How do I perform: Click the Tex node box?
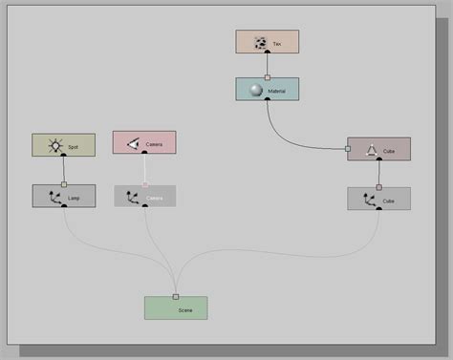click(x=268, y=41)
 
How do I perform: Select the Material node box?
click(x=268, y=89)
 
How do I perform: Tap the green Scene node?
click(x=176, y=307)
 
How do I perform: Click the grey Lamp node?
click(x=64, y=197)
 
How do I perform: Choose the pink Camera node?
click(x=144, y=142)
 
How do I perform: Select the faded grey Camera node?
click(x=145, y=196)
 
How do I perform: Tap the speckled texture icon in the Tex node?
click(x=260, y=42)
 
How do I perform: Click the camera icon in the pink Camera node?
click(x=136, y=143)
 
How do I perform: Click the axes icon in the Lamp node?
click(x=54, y=198)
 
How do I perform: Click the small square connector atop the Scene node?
click(x=176, y=296)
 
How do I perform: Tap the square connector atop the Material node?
click(x=268, y=77)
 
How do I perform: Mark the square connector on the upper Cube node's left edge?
click(x=348, y=148)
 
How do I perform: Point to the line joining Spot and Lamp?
click(x=64, y=170)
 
